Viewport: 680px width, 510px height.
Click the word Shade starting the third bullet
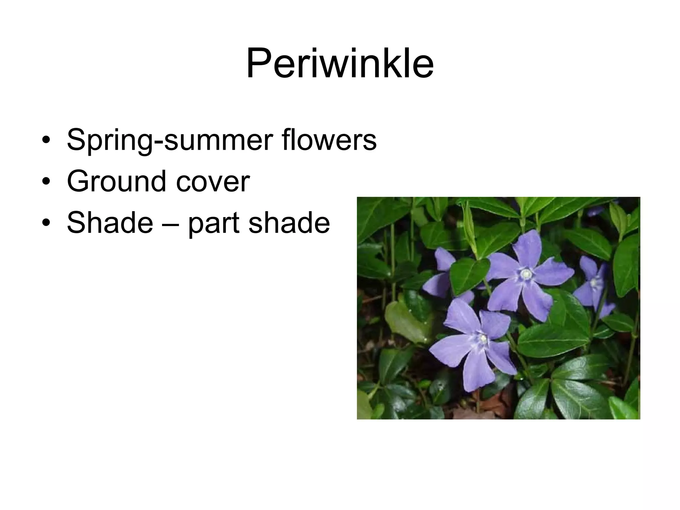click(x=110, y=222)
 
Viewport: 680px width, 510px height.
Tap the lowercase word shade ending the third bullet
click(x=289, y=222)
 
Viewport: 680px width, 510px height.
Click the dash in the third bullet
click(x=170, y=223)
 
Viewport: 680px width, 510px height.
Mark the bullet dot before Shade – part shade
click(x=46, y=223)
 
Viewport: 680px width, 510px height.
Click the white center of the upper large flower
click(x=526, y=274)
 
